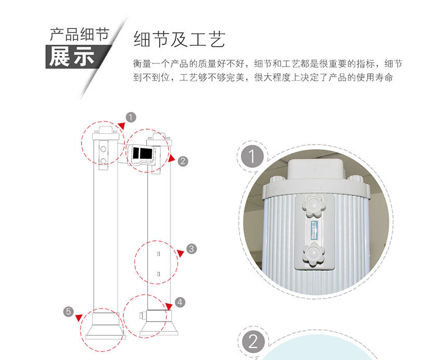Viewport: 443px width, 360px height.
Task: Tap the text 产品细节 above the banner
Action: [x=79, y=35]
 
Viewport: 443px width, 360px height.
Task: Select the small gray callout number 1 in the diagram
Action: [x=131, y=117]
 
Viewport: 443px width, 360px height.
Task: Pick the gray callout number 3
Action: [x=191, y=249]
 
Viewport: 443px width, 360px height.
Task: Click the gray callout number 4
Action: [x=179, y=301]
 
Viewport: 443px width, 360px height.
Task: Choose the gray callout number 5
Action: [x=69, y=311]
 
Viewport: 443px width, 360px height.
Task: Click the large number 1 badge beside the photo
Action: [x=252, y=157]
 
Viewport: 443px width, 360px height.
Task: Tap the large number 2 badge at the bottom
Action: [x=253, y=342]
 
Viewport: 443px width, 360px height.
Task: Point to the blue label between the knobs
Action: [x=312, y=229]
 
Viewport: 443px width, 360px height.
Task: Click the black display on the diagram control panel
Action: [x=142, y=153]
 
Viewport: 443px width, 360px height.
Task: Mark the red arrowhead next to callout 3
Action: [x=180, y=253]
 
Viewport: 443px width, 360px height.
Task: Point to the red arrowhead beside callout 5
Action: [x=79, y=317]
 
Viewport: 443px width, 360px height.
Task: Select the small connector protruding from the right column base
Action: [x=141, y=315]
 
